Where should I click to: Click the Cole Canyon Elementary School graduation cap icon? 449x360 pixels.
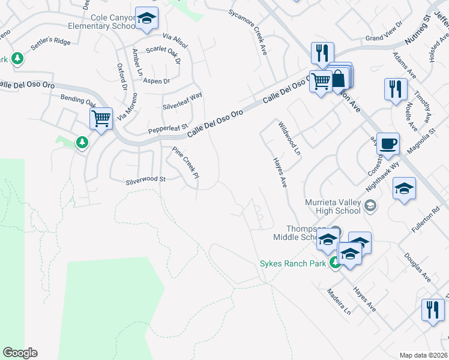(x=146, y=19)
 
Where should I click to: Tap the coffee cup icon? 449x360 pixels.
(x=388, y=144)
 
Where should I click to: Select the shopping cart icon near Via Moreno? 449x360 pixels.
(x=101, y=118)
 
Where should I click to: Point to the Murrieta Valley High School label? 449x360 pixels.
(x=333, y=206)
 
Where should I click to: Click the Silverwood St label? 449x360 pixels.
(x=145, y=179)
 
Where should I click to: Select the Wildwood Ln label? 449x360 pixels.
(x=289, y=138)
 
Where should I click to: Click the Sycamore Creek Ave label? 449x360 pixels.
(x=247, y=34)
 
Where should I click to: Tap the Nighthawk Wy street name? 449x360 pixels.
(x=382, y=164)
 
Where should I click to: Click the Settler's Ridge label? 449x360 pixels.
(x=50, y=42)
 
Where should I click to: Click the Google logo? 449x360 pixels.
(x=20, y=353)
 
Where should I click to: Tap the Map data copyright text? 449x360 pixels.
(x=423, y=355)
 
